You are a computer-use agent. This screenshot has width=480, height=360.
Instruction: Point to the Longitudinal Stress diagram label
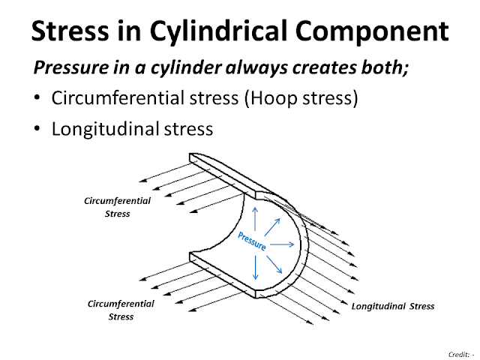(x=393, y=306)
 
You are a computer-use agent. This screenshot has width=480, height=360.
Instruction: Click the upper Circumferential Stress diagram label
(x=118, y=208)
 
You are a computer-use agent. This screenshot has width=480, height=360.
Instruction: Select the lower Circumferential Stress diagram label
(x=121, y=310)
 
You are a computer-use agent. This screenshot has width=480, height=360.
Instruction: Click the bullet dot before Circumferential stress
(x=37, y=99)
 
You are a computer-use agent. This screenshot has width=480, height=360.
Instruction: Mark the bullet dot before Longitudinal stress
(x=37, y=129)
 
